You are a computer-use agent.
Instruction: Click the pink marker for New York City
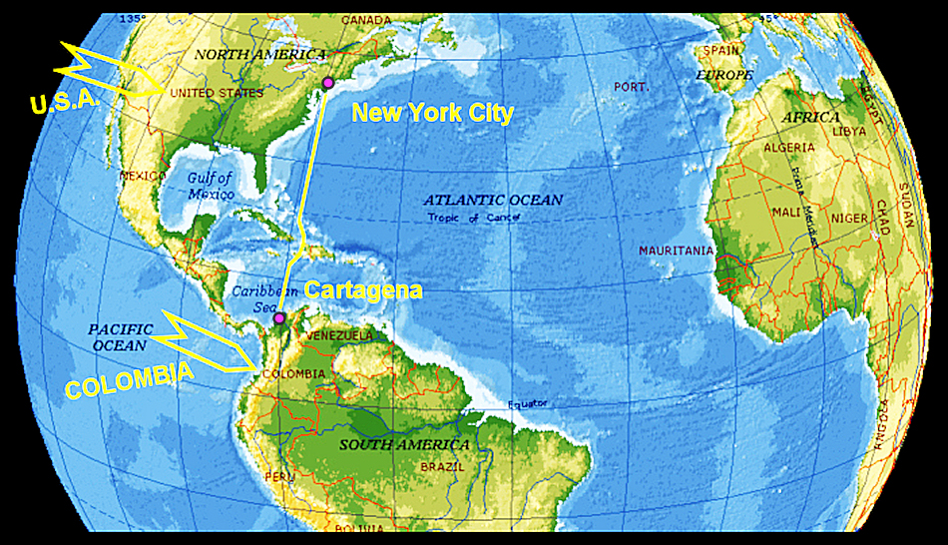[327, 83]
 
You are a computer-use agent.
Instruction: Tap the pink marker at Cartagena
[280, 318]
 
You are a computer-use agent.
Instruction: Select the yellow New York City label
[432, 113]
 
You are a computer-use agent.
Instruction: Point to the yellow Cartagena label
[363, 290]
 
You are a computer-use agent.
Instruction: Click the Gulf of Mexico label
[210, 185]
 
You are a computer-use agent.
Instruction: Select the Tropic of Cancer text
[475, 218]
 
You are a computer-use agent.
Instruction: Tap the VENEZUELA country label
[338, 335]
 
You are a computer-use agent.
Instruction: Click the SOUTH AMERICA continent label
[403, 443]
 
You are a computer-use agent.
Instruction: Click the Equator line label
[528, 404]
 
